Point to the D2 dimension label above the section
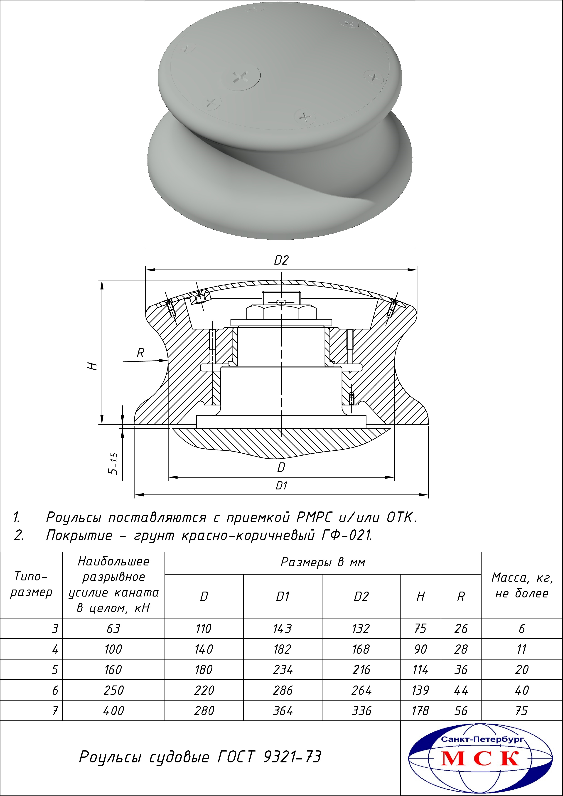click(x=281, y=260)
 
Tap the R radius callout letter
click(x=140, y=353)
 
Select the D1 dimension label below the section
click(x=281, y=486)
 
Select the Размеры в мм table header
click(x=323, y=562)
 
